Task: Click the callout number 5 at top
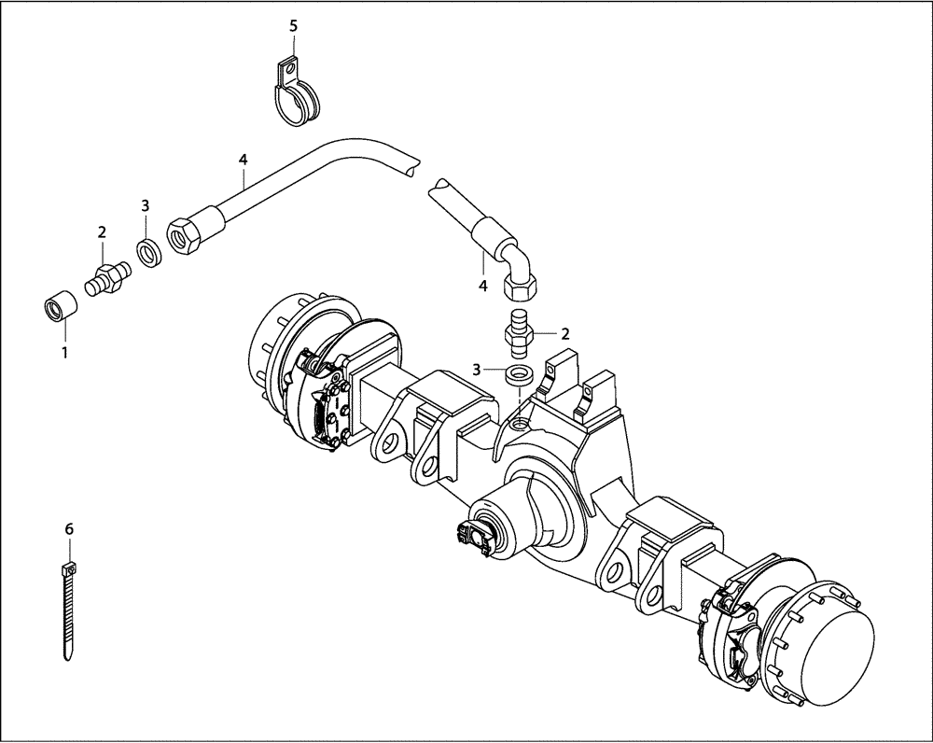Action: [293, 25]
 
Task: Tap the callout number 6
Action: [68, 529]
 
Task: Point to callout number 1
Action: [64, 353]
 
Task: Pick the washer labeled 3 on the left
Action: [147, 252]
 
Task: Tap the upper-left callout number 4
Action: [243, 160]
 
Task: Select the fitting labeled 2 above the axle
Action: [518, 332]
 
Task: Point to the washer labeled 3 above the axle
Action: [518, 375]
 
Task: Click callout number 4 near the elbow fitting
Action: [483, 286]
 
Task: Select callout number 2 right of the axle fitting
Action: [565, 332]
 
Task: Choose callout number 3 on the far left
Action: [146, 205]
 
